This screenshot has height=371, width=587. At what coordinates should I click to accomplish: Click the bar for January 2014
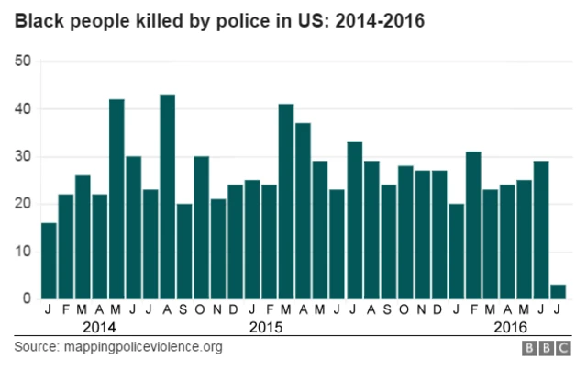49,261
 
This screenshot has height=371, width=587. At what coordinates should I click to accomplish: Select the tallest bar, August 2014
167,197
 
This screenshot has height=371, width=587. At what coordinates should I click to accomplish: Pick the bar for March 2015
286,201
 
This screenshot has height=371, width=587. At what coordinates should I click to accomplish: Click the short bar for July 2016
558,292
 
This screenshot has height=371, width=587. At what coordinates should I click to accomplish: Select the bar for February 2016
473,225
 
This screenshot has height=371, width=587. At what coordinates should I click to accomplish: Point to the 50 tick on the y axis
22,62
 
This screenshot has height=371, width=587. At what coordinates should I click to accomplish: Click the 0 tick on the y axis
28,298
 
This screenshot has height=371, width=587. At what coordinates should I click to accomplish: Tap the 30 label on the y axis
22,156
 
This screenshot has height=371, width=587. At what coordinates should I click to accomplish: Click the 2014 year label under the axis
99,327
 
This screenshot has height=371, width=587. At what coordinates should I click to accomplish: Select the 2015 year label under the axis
268,327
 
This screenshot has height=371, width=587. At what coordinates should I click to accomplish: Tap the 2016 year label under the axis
511,327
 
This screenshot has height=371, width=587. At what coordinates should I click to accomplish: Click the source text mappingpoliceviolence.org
141,347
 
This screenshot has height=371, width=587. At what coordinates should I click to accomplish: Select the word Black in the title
37,21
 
